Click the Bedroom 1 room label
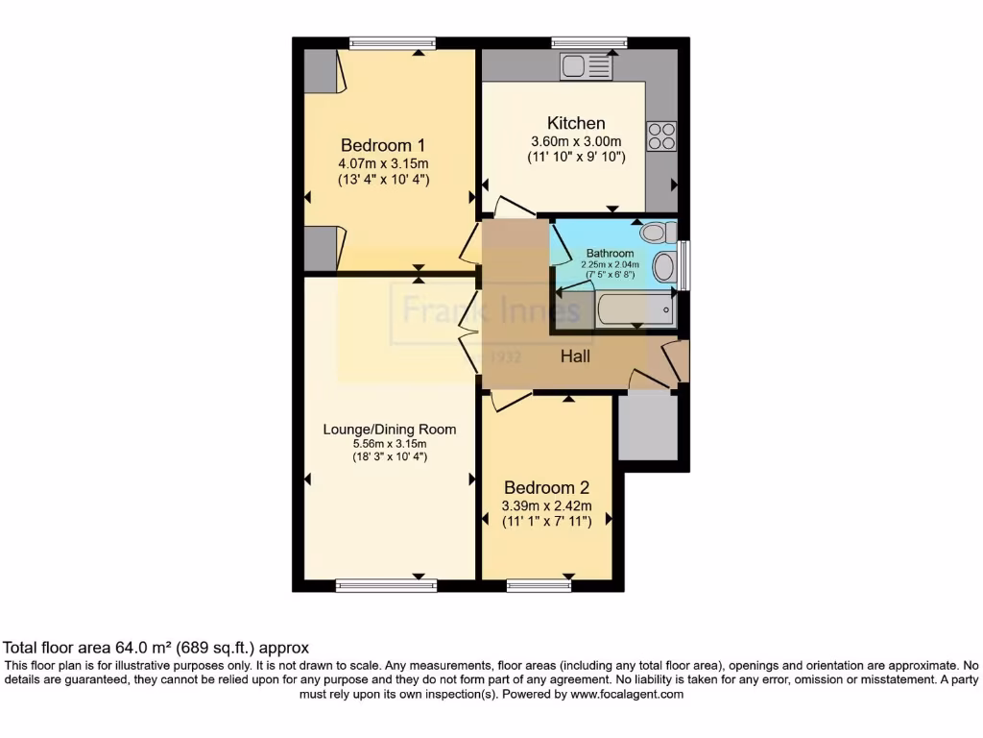(383, 145)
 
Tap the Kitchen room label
(576, 123)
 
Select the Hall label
(575, 357)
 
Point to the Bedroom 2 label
(545, 487)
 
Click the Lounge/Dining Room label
(389, 429)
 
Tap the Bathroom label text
(610, 254)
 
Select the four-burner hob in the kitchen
(661, 135)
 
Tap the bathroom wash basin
(663, 267)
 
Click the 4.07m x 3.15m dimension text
(383, 162)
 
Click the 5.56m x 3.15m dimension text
(389, 443)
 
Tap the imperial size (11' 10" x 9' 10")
(576, 158)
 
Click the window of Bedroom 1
(392, 42)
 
